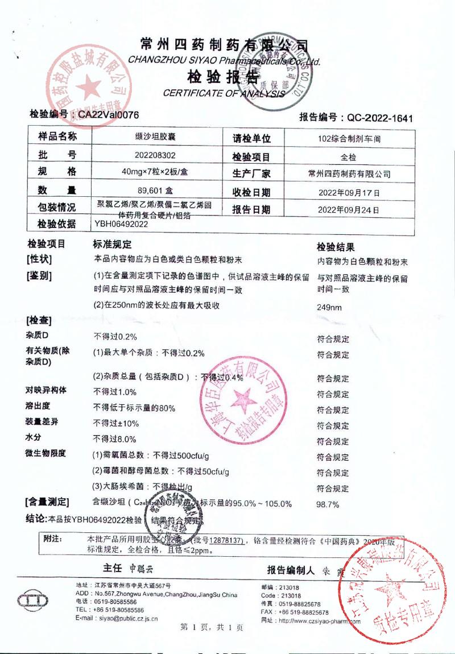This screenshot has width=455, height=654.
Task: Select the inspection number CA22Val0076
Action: click(x=108, y=114)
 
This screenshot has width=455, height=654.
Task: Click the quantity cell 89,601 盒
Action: click(x=153, y=190)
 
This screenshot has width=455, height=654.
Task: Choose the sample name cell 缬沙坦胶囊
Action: click(x=153, y=137)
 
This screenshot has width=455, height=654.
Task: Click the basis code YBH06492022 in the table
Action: click(x=122, y=224)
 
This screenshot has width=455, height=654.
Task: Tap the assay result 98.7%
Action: click(x=328, y=504)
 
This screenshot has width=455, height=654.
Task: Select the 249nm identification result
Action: click(x=329, y=308)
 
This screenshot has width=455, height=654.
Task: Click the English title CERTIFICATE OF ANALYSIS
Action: click(x=224, y=93)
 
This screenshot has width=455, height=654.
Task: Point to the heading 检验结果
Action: click(x=336, y=247)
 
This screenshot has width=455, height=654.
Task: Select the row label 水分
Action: click(x=34, y=438)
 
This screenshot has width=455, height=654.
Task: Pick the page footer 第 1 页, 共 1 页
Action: click(x=212, y=627)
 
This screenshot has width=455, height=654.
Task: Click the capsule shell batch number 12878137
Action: click(x=226, y=540)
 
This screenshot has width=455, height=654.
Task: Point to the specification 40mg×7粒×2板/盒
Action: click(x=153, y=172)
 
